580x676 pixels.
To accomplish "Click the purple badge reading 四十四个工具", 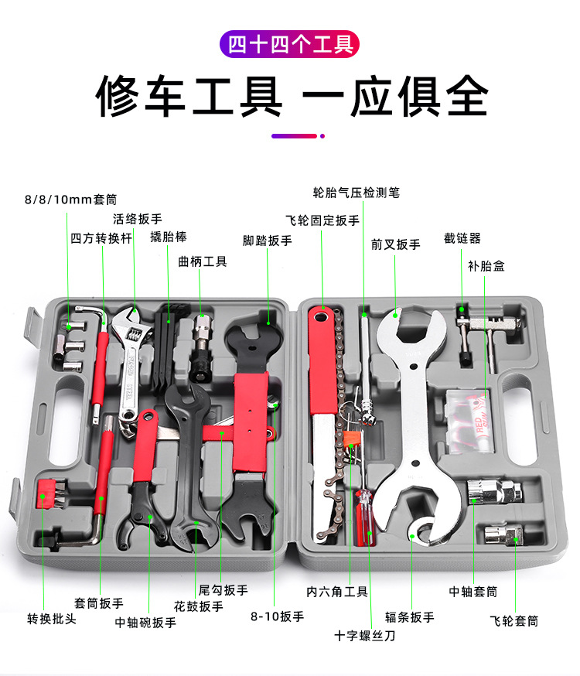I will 290,43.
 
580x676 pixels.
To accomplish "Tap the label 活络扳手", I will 138,219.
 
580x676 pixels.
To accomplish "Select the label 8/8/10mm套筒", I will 70,200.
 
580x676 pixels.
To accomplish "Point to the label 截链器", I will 462,237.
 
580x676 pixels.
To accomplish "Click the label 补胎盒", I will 486,265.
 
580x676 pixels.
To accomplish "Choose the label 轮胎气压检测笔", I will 356,193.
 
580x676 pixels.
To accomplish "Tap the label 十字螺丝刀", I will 365,636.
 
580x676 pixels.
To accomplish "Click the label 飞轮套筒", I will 513,620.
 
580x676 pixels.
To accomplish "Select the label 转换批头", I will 52,619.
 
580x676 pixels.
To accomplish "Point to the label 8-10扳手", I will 277,616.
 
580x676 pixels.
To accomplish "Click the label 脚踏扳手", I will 268,241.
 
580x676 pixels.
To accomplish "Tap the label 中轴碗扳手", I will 145,622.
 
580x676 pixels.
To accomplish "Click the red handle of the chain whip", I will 320,364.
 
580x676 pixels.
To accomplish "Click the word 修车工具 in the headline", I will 189,97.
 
